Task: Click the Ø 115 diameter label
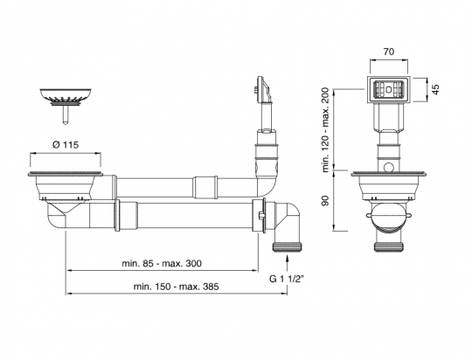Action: click(66, 145)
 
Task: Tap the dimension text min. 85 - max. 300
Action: click(162, 263)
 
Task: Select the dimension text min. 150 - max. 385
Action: click(176, 287)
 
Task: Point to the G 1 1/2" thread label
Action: click(287, 279)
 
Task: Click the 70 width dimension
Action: click(389, 52)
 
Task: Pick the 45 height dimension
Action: click(436, 89)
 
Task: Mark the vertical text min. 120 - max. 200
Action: click(326, 129)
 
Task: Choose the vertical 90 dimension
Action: click(325, 201)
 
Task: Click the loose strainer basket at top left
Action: click(66, 96)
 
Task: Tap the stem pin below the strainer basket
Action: click(66, 114)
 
